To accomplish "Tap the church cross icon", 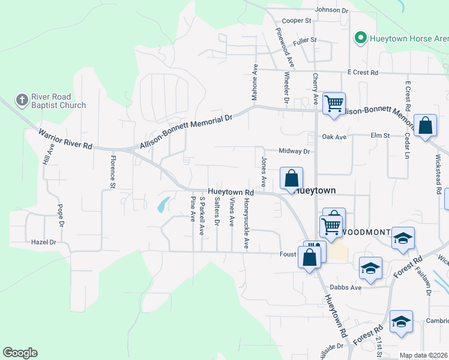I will point(22,100).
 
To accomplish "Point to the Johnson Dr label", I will point(331,10).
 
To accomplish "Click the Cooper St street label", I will point(297,20).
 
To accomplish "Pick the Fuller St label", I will point(304,41).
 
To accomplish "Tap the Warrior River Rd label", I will point(66,138).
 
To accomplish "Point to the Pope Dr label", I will point(60,216).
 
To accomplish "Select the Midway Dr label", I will point(294,152).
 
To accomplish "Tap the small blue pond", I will point(161,205).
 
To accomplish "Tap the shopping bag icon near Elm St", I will point(425,126).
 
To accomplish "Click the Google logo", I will point(20,353).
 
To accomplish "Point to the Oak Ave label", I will point(334,137).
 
